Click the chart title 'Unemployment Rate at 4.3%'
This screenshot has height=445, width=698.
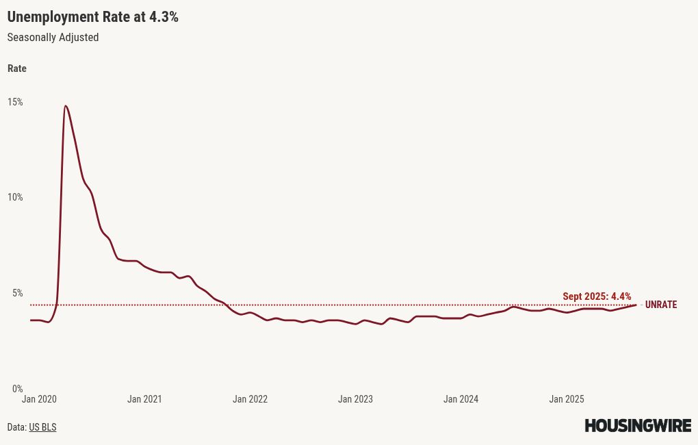92,17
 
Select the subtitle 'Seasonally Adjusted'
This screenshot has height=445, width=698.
53,38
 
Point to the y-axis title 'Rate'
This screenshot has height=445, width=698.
17,68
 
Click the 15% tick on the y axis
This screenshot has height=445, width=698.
15,102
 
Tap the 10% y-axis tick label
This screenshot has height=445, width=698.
15,197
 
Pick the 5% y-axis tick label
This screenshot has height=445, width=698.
17,293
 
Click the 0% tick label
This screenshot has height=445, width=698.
17,388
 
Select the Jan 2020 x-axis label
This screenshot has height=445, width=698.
39,399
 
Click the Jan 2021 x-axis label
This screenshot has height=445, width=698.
144,399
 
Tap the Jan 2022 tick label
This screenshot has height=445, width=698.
250,399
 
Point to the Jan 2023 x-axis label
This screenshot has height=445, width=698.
355,399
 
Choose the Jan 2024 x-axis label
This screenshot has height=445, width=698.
461,399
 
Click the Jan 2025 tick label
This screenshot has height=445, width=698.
567,399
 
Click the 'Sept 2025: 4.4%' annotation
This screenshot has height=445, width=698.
597,296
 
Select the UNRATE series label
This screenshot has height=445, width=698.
660,305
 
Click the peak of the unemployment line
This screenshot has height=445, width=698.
65,106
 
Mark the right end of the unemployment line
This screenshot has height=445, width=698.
636,305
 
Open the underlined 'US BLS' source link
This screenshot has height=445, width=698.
42,427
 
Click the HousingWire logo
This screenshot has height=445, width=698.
637,426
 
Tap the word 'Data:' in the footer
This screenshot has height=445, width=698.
16,427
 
